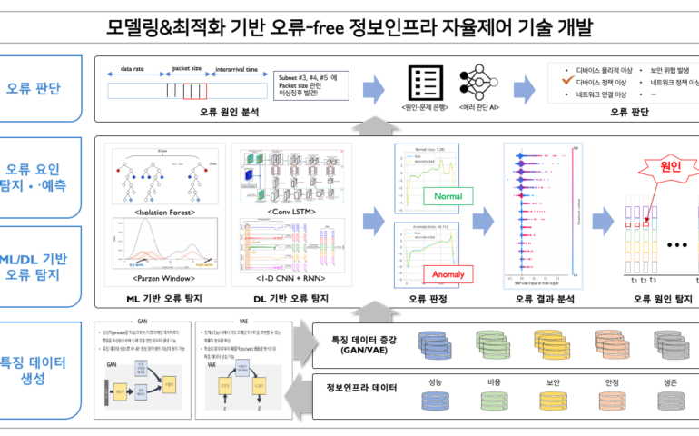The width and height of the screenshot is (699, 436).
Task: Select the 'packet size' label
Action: coord(187,67)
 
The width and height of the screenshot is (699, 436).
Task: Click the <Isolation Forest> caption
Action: coord(164,212)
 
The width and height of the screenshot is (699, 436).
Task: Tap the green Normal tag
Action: coord(448,196)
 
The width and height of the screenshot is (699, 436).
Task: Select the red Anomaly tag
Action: coord(448,273)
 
